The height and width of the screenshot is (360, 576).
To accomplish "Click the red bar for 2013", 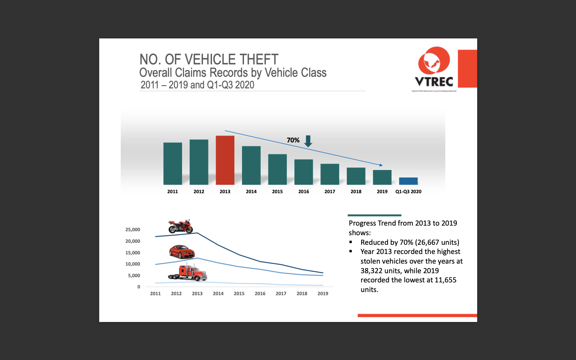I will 225,160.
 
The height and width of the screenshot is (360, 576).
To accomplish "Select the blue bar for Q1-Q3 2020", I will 408,181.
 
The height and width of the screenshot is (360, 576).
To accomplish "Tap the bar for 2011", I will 172,163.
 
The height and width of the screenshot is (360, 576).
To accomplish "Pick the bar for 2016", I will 304,172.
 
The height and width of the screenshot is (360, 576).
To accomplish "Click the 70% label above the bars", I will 293,140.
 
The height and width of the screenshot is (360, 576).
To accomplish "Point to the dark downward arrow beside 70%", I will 308,141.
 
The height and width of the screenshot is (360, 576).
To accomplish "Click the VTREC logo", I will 434,68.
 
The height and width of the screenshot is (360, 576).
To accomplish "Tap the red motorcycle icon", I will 180,226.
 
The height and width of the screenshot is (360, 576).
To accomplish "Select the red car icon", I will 182,252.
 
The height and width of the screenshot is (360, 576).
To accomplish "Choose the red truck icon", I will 188,272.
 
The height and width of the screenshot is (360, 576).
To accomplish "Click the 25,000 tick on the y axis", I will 133,230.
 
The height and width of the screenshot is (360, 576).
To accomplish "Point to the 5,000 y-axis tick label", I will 134,276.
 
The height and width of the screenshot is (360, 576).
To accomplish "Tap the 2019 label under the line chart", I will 323,294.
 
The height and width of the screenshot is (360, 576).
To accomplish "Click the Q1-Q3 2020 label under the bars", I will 408,192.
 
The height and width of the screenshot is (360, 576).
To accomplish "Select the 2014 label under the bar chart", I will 251,192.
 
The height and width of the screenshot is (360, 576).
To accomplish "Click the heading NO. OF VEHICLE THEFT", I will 209,60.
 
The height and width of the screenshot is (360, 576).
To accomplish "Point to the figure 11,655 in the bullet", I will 445,280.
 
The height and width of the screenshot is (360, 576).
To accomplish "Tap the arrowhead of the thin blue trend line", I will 381,165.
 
